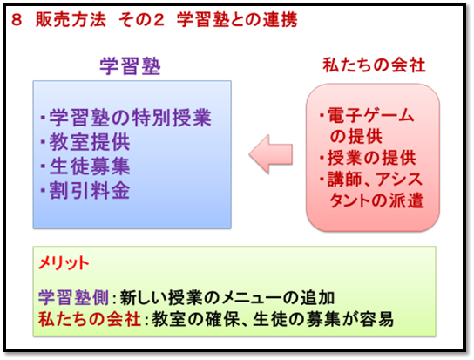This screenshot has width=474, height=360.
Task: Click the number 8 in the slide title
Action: [x=17, y=20]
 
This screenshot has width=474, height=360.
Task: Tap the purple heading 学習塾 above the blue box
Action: [x=130, y=66]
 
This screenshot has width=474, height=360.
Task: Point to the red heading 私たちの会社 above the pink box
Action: [x=375, y=65]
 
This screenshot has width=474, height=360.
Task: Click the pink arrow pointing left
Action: [x=271, y=154]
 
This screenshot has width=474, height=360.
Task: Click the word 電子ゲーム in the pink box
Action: [x=371, y=116]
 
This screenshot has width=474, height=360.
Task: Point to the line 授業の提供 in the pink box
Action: [x=372, y=158]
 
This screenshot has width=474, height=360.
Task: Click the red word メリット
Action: [x=64, y=263]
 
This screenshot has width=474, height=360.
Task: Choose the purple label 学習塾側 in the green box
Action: [x=73, y=298]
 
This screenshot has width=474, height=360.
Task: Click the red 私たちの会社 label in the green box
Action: [x=90, y=319]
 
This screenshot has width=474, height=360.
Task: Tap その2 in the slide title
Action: [x=141, y=20]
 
